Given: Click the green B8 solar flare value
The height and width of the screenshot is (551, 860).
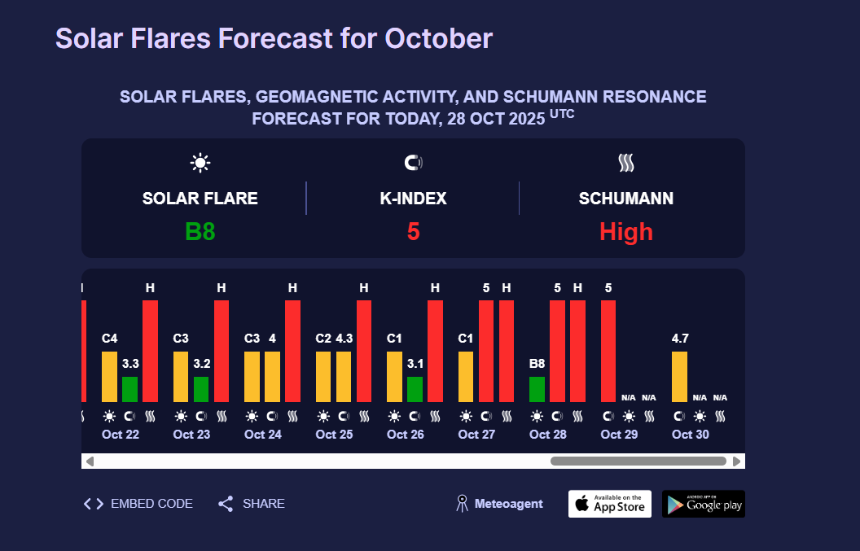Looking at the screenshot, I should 200,232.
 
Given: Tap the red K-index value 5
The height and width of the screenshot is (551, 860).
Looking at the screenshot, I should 413,232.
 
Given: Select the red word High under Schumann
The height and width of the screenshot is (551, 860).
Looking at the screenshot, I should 625,232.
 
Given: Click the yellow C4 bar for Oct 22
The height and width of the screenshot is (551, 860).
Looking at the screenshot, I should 109,376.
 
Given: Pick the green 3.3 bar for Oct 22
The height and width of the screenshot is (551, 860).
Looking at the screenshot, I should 129,389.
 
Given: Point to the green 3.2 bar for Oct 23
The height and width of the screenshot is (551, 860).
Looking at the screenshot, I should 201,389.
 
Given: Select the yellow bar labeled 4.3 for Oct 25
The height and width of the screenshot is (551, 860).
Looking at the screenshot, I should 344,376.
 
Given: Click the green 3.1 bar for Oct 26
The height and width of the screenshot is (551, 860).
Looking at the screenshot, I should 415,389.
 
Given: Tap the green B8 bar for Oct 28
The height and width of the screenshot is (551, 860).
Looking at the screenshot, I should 537,389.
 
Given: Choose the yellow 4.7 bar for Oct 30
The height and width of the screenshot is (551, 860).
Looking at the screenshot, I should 679,376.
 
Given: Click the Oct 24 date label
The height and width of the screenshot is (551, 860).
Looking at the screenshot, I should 263,435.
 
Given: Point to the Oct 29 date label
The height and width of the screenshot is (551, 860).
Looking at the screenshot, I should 619,435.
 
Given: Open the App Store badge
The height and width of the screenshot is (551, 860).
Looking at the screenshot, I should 610,504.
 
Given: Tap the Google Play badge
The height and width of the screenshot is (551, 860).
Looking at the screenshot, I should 703,504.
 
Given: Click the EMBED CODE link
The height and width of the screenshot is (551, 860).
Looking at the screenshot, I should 138,504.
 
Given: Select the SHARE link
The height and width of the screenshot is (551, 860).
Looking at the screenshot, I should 252,504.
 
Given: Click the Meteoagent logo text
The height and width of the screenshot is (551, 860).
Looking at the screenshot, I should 507,504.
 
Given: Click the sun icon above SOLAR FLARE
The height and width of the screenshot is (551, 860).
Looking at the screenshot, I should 200,163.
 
